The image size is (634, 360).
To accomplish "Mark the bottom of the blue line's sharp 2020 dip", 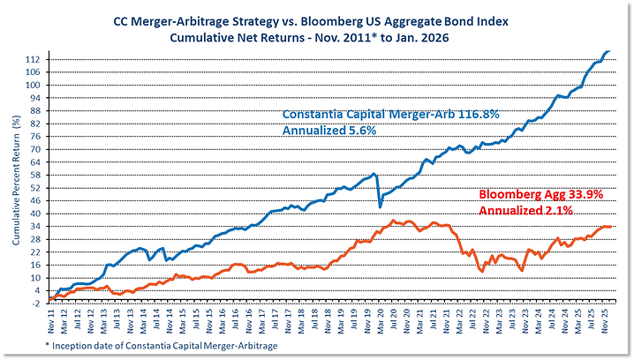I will [381, 207].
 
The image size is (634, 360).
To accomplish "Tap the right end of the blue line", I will [613, 50].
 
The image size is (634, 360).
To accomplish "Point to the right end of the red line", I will [614, 228].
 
